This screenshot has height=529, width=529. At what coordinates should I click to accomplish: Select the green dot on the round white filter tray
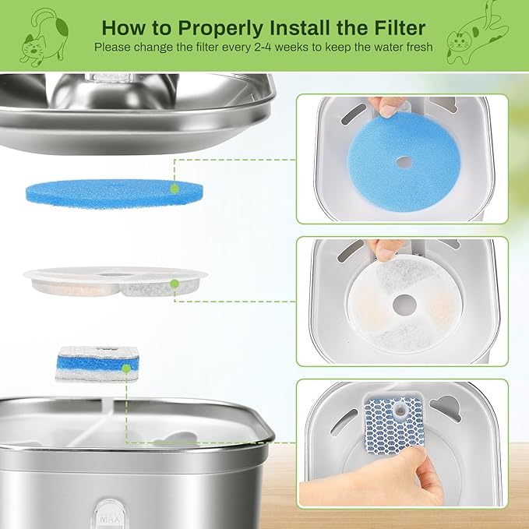175,284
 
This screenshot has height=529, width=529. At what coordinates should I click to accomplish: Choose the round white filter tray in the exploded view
115,281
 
